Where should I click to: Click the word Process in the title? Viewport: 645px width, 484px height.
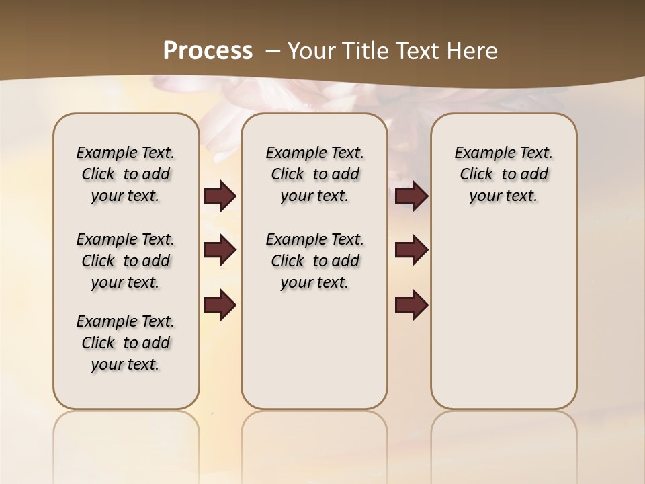click(x=208, y=51)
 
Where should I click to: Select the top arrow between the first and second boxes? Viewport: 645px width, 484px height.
click(x=220, y=196)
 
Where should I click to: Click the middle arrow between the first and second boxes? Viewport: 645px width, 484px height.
click(x=220, y=250)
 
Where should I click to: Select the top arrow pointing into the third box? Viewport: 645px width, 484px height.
click(x=411, y=196)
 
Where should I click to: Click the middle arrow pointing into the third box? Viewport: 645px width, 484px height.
click(x=411, y=250)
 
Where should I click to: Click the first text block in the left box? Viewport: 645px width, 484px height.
click(x=126, y=174)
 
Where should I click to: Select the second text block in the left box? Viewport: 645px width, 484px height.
click(x=126, y=261)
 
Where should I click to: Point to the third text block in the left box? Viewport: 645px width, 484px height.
click(x=126, y=343)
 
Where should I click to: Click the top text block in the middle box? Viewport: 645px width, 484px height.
click(x=314, y=174)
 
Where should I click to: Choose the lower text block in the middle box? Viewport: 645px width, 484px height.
click(x=314, y=261)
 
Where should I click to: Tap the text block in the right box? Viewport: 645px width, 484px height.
click(x=504, y=174)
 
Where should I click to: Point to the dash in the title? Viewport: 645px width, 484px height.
click(x=273, y=51)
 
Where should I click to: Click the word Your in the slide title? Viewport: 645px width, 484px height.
click(x=308, y=51)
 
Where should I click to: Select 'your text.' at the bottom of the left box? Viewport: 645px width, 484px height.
click(x=125, y=364)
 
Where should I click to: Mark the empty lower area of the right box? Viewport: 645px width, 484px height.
click(x=504, y=316)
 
